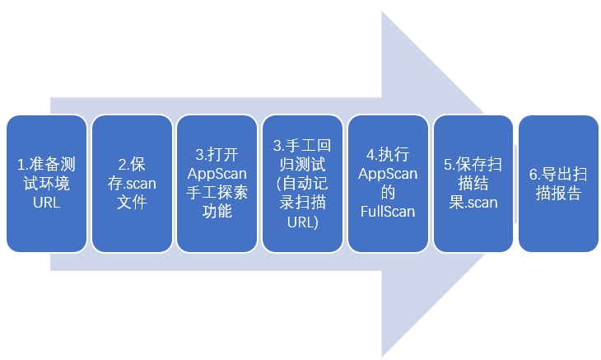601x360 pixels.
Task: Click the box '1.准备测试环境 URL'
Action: click(46, 183)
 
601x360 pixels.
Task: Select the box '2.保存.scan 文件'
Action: click(132, 183)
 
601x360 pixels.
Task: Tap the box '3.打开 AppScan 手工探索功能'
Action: click(217, 183)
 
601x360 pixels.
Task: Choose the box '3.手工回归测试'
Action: click(302, 183)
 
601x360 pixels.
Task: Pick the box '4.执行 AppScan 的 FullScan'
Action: click(388, 183)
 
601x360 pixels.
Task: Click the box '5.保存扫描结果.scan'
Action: click(473, 183)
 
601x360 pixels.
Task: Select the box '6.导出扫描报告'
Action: click(558, 183)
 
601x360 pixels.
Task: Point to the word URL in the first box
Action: click(46, 202)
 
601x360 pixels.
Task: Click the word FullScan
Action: click(388, 211)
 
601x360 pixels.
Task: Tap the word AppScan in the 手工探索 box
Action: click(217, 174)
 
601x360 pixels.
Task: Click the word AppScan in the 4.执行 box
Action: click(388, 174)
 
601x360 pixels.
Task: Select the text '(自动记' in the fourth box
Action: click(302, 183)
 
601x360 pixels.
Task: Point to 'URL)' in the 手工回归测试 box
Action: click(302, 221)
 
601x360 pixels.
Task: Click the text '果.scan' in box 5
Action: click(473, 202)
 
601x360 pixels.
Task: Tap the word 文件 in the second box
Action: click(132, 202)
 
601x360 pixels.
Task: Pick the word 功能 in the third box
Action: click(217, 211)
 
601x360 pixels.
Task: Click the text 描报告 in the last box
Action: click(558, 193)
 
